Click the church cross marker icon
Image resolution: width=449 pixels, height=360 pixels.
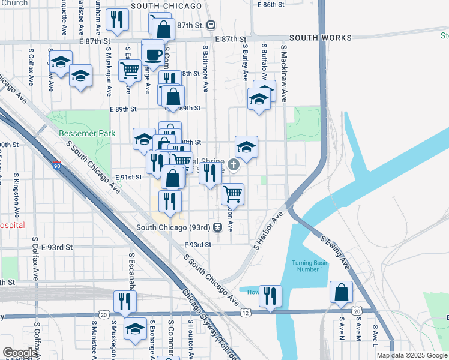(x=233, y=164)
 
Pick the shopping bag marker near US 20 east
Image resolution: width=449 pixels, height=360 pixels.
(x=341, y=293)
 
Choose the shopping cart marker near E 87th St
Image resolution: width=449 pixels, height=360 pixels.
(x=130, y=70)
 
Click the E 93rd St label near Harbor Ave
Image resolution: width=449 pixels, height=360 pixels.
(x=198, y=245)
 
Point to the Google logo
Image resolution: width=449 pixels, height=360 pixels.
(x=20, y=353)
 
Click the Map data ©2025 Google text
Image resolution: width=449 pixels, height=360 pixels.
(x=412, y=355)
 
